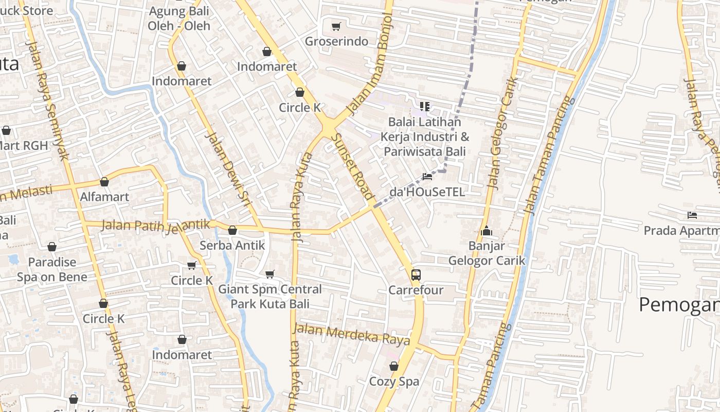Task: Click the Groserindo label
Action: pyautogui.click(x=337, y=41)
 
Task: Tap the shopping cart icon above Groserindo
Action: pyautogui.click(x=336, y=26)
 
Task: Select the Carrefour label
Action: pyautogui.click(x=416, y=290)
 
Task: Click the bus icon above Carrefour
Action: pyautogui.click(x=416, y=275)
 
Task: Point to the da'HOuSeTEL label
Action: pyautogui.click(x=427, y=192)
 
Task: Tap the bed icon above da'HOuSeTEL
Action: pyautogui.click(x=427, y=177)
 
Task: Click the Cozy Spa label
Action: pyautogui.click(x=394, y=382)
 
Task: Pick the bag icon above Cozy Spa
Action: pyautogui.click(x=394, y=366)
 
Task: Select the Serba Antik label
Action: pyautogui.click(x=232, y=245)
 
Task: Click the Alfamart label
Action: pyautogui.click(x=104, y=197)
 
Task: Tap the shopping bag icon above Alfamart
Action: pyautogui.click(x=104, y=182)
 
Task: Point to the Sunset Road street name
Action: pyautogui.click(x=352, y=166)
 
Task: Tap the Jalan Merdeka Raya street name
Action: pyautogui.click(x=352, y=335)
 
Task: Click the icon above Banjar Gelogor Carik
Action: pyautogui.click(x=487, y=231)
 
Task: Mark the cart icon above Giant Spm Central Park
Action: pyautogui.click(x=270, y=274)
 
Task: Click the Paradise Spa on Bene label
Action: pyautogui.click(x=52, y=269)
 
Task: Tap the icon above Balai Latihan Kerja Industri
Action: pyautogui.click(x=425, y=107)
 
